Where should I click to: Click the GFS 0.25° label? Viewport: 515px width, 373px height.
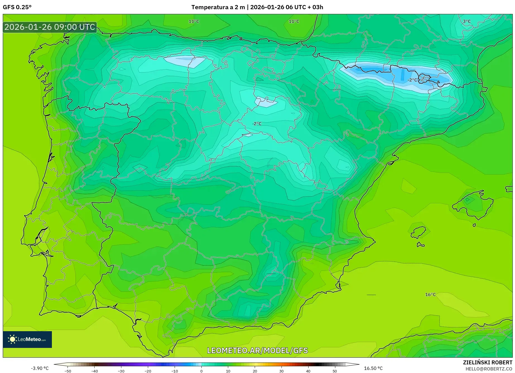pyautogui.click(x=17, y=7)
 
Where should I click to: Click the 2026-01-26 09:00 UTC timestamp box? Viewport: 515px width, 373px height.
pyautogui.click(x=50, y=27)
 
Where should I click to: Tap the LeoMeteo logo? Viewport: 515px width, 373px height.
pyautogui.click(x=27, y=339)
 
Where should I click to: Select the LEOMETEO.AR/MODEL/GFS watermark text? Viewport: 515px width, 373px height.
pyautogui.click(x=257, y=350)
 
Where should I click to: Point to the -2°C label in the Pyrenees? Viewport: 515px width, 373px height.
pyautogui.click(x=412, y=80)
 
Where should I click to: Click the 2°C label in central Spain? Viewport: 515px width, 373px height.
pyautogui.click(x=257, y=124)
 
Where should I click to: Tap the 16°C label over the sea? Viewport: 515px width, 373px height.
pyautogui.click(x=430, y=295)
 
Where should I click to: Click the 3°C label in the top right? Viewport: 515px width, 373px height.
pyautogui.click(x=467, y=21)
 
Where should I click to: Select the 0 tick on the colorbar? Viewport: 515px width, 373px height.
pyautogui.click(x=201, y=371)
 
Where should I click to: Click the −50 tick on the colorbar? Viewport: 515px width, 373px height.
pyautogui.click(x=68, y=371)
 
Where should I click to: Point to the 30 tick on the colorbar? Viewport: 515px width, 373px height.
pyautogui.click(x=281, y=371)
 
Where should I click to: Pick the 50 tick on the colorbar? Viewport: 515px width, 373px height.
pyautogui.click(x=335, y=371)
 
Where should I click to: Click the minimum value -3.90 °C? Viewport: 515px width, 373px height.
pyautogui.click(x=40, y=368)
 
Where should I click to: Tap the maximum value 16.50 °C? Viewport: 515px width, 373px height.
pyautogui.click(x=373, y=368)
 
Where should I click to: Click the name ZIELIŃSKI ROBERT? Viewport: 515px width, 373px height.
pyautogui.click(x=487, y=363)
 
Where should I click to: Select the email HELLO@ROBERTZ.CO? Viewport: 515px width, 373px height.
pyautogui.click(x=488, y=369)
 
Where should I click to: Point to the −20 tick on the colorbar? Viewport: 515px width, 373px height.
pyautogui.click(x=148, y=371)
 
